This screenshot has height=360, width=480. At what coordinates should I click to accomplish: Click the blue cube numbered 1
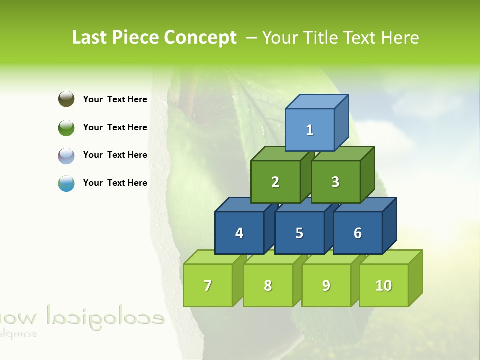click(x=310, y=130)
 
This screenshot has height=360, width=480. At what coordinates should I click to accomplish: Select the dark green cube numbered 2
click(x=275, y=182)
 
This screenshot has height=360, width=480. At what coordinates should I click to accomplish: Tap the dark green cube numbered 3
click(x=335, y=182)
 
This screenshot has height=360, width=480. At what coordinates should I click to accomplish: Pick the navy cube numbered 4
click(x=239, y=233)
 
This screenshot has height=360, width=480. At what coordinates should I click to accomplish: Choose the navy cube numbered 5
click(x=299, y=233)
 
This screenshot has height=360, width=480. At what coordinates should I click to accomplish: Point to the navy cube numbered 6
click(x=358, y=233)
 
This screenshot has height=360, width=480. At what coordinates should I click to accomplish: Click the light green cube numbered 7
click(x=208, y=285)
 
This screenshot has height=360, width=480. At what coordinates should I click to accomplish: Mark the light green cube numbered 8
click(x=268, y=285)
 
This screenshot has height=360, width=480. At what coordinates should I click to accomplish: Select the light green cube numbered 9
click(x=326, y=285)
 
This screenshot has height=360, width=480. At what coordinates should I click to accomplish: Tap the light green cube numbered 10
click(x=384, y=285)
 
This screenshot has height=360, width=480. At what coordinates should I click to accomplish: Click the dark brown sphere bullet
click(x=66, y=99)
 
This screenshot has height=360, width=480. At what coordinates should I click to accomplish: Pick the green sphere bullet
click(x=66, y=127)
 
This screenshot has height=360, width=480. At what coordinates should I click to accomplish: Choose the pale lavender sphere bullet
click(x=66, y=155)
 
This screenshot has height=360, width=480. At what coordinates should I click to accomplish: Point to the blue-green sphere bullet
click(x=66, y=183)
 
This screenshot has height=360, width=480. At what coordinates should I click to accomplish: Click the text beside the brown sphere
click(x=115, y=99)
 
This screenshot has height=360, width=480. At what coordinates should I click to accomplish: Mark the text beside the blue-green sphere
click(x=115, y=183)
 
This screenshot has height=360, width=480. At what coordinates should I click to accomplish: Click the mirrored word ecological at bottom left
click(x=105, y=315)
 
